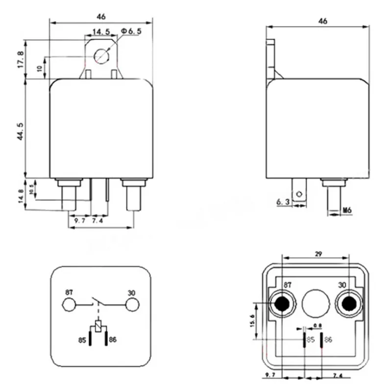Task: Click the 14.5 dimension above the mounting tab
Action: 100,32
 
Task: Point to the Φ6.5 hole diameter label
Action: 131,31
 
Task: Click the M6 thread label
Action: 347,210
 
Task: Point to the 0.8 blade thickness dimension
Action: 318,326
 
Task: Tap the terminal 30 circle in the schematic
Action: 131,305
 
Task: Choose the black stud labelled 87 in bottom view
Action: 282,304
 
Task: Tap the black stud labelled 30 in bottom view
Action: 348,304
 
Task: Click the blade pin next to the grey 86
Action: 321,340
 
